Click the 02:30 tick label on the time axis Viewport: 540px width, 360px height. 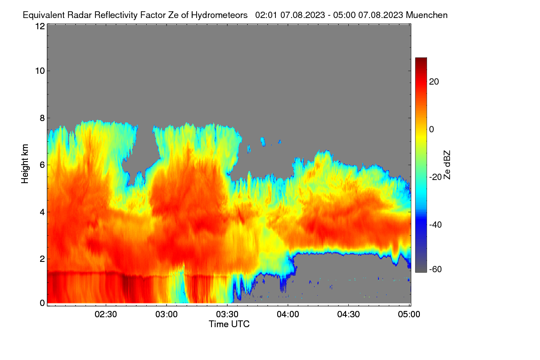[106, 315]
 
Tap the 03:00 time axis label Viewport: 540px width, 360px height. [166, 315]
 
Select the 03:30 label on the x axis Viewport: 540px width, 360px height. [227, 315]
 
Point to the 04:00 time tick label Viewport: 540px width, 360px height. [288, 315]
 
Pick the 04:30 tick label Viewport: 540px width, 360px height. [348, 315]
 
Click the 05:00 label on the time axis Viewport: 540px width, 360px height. [409, 315]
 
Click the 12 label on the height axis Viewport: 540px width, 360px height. [40, 26]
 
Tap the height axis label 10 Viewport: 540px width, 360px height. [40, 71]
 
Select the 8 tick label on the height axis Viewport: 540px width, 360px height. [42, 118]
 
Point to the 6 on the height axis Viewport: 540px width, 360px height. [42, 165]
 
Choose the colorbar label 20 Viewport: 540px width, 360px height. [434, 82]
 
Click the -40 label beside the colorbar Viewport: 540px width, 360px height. [436, 225]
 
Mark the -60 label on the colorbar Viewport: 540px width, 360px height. [436, 270]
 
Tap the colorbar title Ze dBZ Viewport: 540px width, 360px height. [447, 165]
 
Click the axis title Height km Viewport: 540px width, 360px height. [25, 164]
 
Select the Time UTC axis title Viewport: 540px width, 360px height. [229, 324]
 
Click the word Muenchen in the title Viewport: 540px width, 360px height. [427, 15]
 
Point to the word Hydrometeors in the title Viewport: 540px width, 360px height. [219, 15]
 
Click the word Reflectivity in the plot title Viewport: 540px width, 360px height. [116, 15]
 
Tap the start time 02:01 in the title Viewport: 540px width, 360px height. [266, 15]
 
